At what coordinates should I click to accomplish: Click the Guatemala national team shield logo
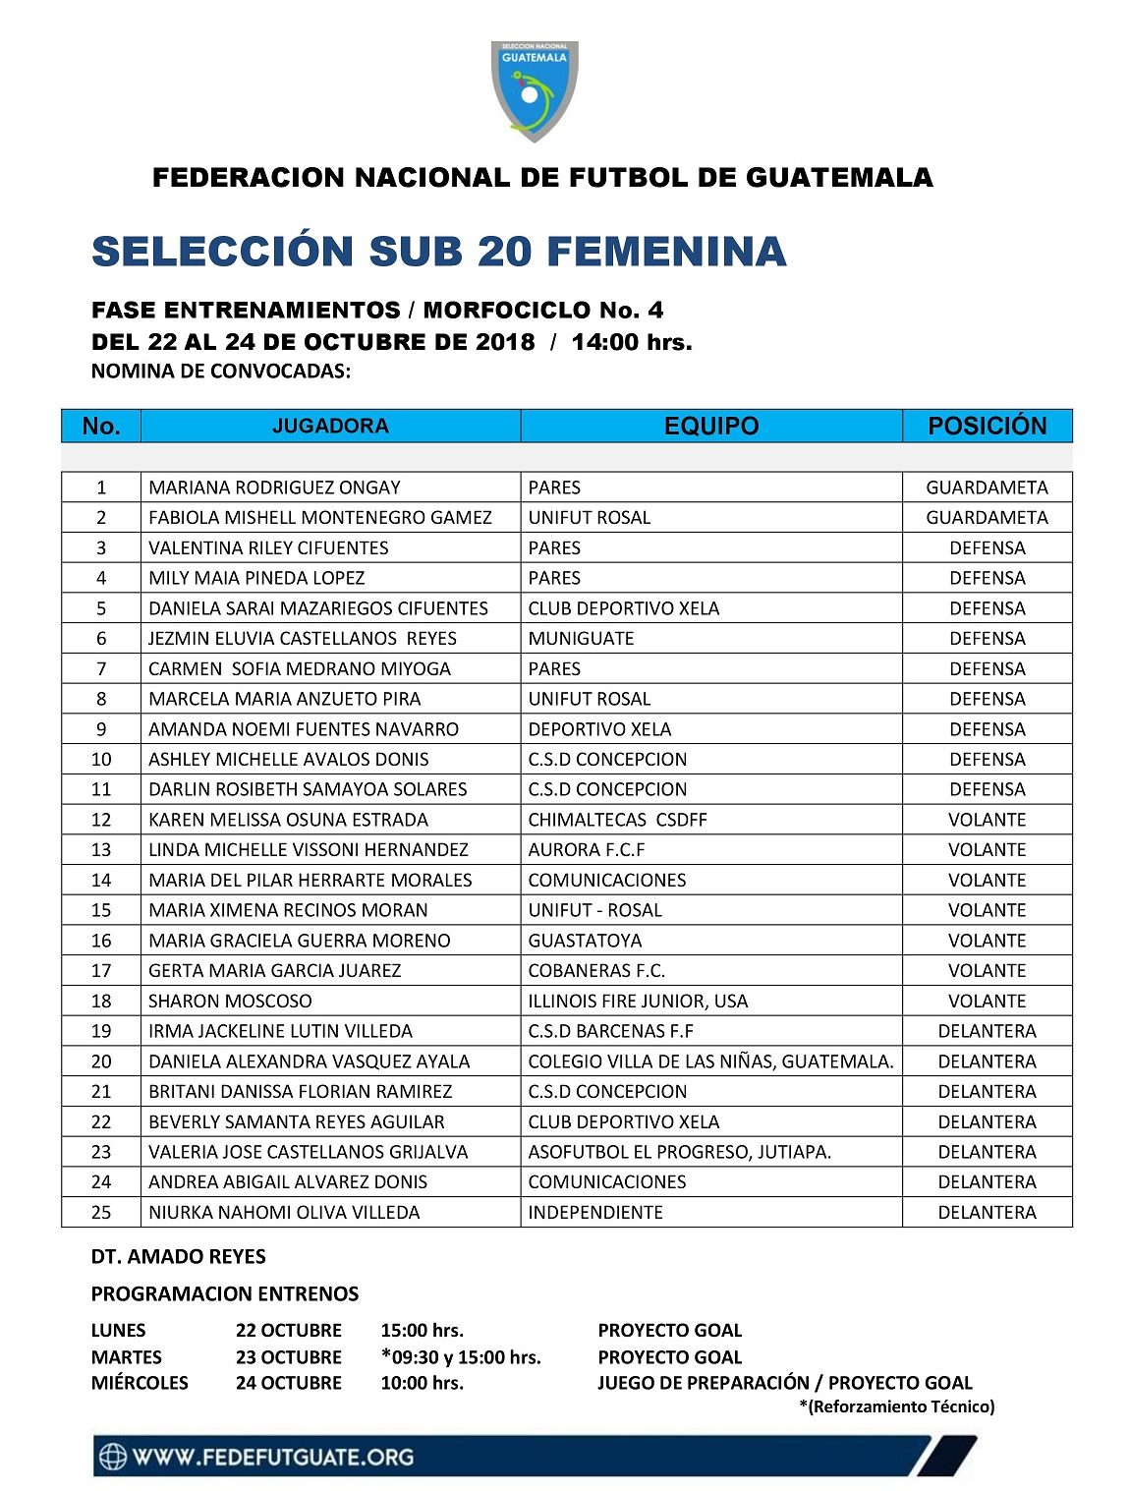534,90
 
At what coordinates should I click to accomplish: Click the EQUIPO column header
711,426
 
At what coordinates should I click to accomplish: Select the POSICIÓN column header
987,426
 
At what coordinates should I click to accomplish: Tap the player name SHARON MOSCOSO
230,1001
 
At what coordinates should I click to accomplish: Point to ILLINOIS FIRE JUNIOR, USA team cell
638,1001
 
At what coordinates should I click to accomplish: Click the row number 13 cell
101,849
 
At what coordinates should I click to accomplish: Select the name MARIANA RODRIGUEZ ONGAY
274,487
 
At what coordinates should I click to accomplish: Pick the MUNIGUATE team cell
581,638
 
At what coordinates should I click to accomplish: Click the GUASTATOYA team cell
585,941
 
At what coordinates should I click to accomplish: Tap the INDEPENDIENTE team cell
595,1212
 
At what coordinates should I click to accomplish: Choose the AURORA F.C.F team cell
587,849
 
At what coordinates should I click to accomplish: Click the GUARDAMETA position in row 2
987,517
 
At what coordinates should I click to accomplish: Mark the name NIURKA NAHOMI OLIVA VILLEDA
284,1212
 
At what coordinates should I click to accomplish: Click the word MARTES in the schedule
127,1356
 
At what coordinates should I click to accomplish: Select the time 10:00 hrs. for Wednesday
422,1382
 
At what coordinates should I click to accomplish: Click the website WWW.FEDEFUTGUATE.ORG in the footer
272,1457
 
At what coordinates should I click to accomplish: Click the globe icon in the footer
113,1457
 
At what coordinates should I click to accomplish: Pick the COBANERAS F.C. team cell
596,970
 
